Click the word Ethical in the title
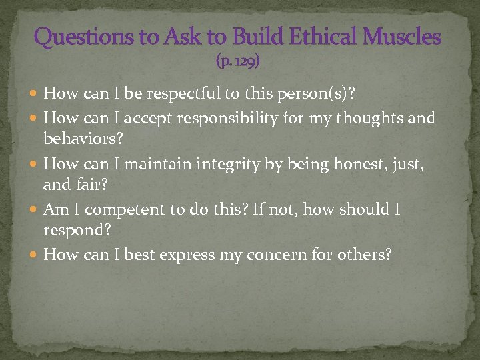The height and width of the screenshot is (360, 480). coord(319,37)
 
